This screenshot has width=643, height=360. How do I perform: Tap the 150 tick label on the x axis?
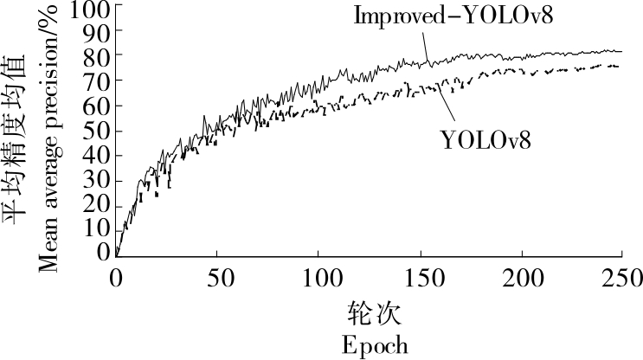pos(420,277)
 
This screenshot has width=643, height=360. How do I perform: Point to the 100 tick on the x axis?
pos(318,277)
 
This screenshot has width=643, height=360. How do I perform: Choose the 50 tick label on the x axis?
pos(217,277)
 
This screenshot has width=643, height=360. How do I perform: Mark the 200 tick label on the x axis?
pos(522,277)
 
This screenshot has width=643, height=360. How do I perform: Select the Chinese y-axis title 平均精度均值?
pos(19,138)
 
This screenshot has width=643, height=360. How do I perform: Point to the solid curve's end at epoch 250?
pos(621,52)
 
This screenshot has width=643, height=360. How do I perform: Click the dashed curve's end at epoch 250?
pos(618,66)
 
